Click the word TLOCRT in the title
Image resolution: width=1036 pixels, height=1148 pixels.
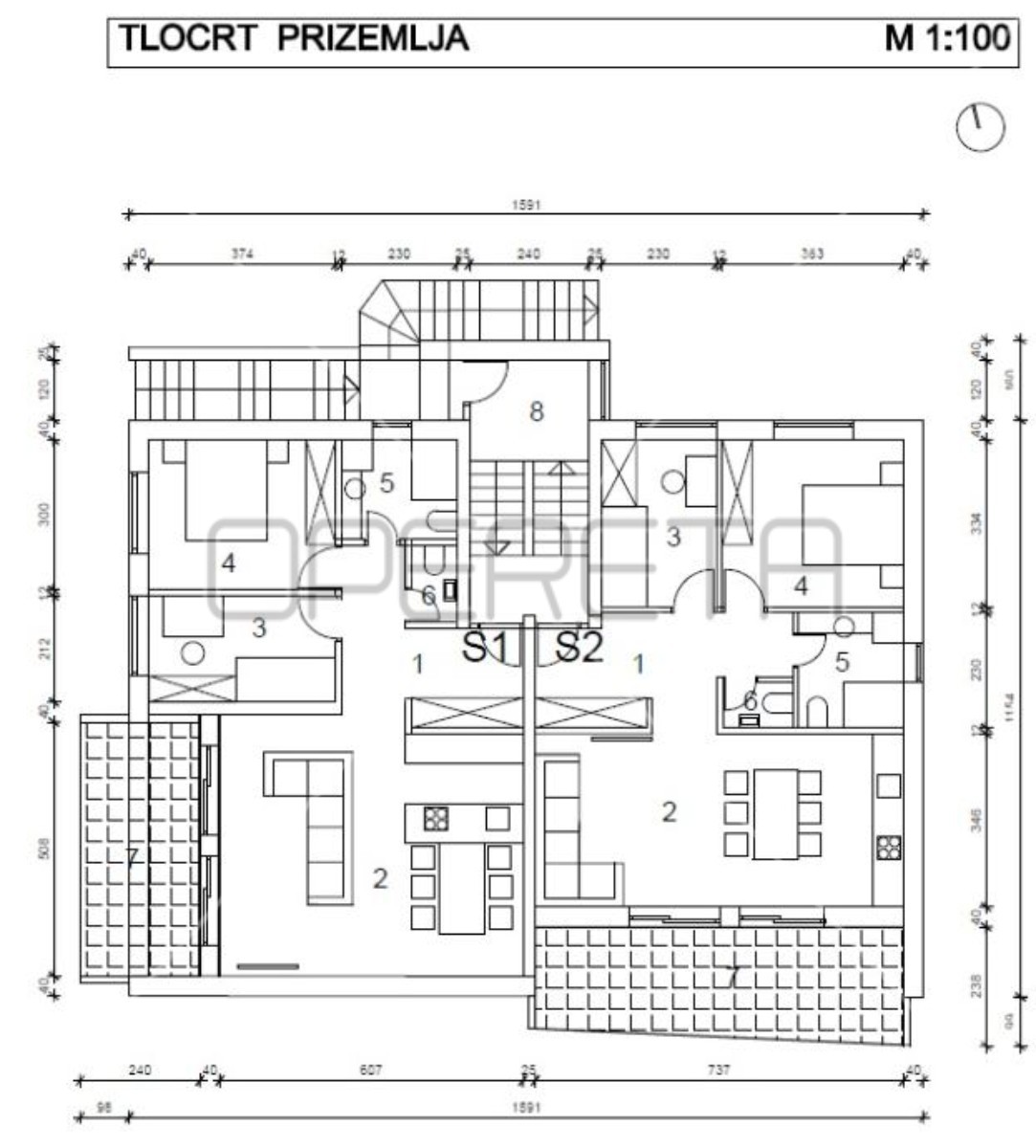(x=187, y=38)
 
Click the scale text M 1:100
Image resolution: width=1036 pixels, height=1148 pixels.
(x=947, y=38)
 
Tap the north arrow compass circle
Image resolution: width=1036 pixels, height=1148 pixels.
(x=980, y=126)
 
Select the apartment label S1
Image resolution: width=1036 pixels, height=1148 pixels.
(x=487, y=648)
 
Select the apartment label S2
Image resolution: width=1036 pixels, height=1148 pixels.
(x=580, y=648)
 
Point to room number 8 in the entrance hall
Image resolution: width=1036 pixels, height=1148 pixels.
(x=537, y=411)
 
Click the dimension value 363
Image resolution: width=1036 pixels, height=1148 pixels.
(x=811, y=254)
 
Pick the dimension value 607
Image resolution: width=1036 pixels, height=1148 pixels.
(x=370, y=1071)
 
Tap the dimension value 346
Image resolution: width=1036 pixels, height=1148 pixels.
(x=977, y=819)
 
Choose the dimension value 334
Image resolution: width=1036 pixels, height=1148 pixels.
(x=977, y=524)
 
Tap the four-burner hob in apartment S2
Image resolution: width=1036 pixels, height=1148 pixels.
(x=888, y=848)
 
